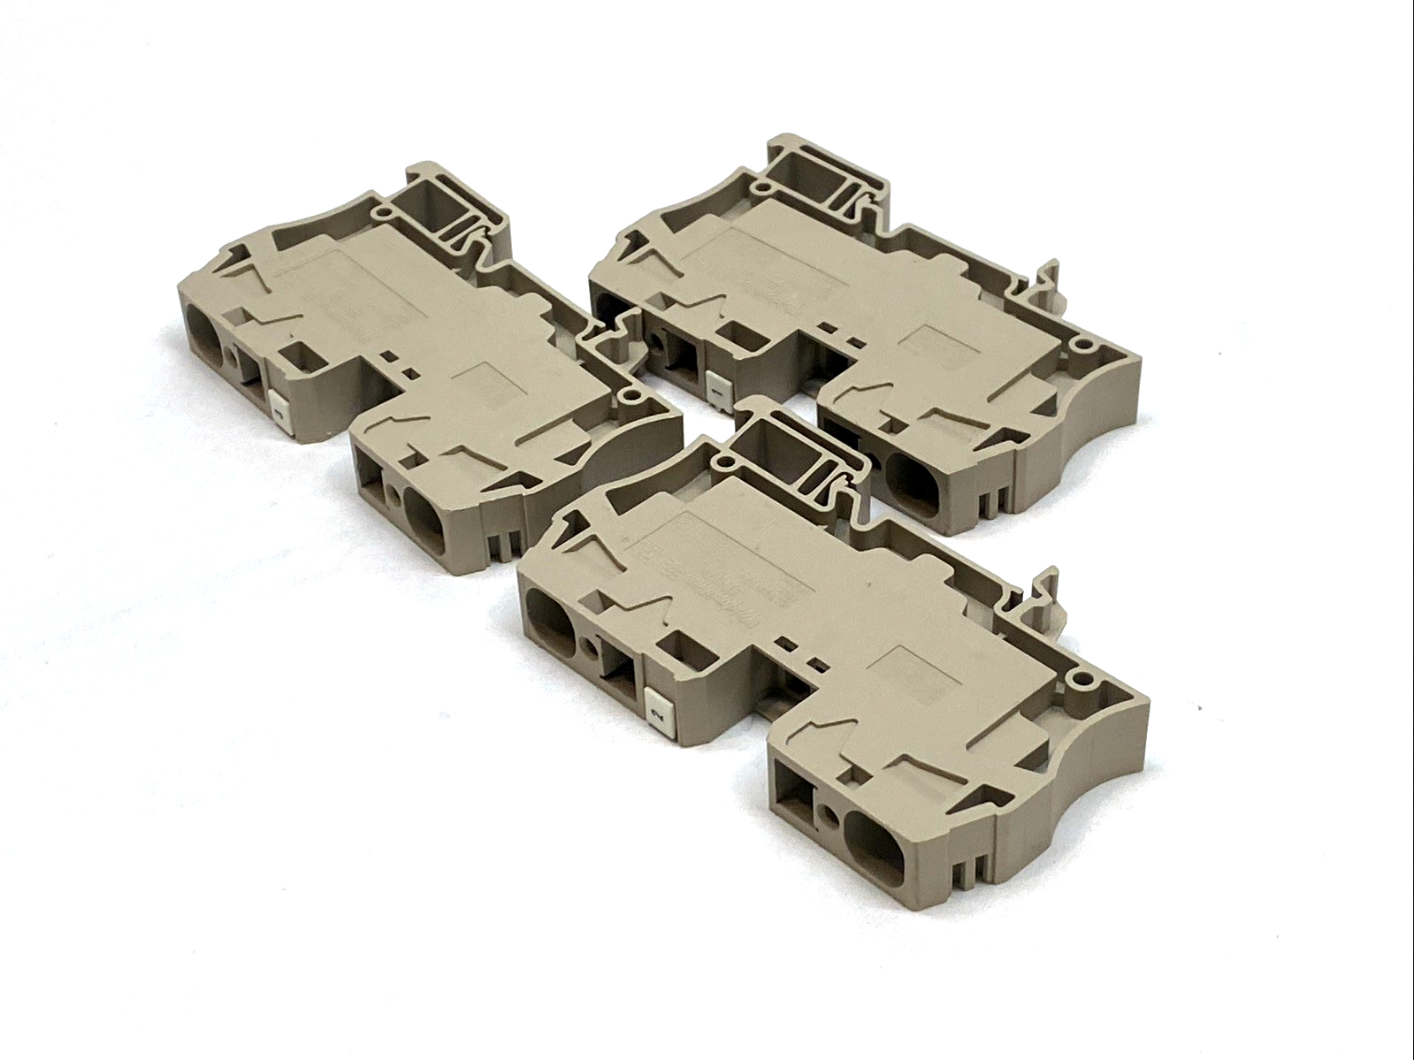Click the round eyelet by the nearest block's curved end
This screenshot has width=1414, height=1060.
coord(1079,679)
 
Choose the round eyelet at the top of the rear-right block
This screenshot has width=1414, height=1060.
coord(758,187)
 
